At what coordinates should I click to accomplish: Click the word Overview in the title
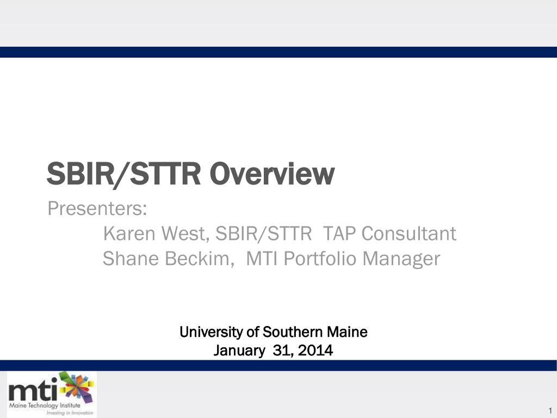(272, 174)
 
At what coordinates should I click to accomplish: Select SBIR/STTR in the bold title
(123, 174)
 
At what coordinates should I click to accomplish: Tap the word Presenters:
(97, 208)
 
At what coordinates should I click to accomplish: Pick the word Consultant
(409, 233)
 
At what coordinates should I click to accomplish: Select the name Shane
(131, 259)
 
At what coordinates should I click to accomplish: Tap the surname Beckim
(199, 259)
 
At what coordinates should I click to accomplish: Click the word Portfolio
(320, 259)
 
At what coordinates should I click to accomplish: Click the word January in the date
(239, 351)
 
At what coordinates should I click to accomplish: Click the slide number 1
(550, 409)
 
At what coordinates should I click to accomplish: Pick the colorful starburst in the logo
(77, 386)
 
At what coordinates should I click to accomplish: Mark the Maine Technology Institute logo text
(45, 405)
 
